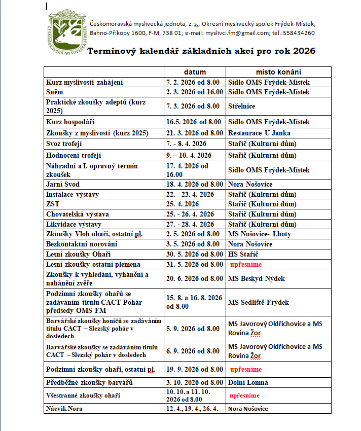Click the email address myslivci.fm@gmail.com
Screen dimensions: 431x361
coord(237,33)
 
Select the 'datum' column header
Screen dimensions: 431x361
coord(195,72)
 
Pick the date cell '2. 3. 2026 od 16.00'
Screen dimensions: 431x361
coord(195,92)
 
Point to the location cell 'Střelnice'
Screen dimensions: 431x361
coord(242,106)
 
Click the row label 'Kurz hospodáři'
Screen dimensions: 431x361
coord(70,122)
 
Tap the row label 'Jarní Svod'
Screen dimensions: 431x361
coord(63,185)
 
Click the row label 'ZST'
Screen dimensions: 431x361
coord(53,204)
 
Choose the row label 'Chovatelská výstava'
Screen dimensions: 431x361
coord(78,214)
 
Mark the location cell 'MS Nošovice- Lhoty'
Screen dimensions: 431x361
coord(260,234)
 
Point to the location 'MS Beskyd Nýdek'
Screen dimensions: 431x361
coord(256,278)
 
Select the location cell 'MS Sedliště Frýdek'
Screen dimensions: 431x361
coord(259,303)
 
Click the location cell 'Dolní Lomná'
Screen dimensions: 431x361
coord(248,382)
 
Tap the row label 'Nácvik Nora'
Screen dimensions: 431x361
coord(64,409)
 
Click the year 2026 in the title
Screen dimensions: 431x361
coord(304,51)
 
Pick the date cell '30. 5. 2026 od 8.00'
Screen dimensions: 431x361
coord(195,254)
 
